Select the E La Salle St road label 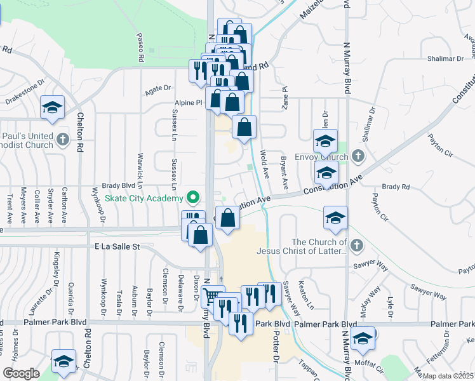[x=117, y=246]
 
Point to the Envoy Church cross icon [x=358, y=156]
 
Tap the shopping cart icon [x=213, y=297]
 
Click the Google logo [x=21, y=373]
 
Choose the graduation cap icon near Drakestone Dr [x=52, y=107]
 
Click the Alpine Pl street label [x=189, y=102]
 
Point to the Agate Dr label [x=158, y=91]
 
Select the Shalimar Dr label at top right [x=445, y=58]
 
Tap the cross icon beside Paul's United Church [x=62, y=139]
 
